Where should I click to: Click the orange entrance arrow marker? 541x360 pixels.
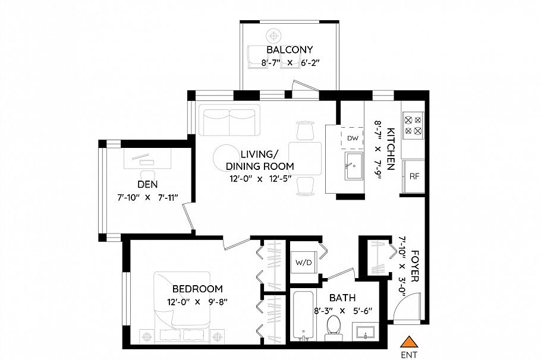408,342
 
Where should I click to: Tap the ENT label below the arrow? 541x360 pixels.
408,355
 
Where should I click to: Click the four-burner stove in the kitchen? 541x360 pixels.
413,124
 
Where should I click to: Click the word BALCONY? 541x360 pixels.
290,50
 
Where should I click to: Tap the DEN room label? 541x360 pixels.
147,184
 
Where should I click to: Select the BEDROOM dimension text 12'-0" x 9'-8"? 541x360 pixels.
197,302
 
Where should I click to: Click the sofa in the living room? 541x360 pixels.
229,121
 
